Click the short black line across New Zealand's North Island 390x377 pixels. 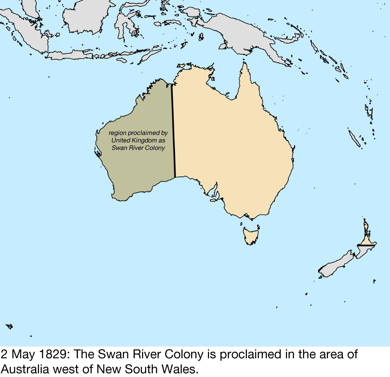pyautogui.click(x=366, y=246)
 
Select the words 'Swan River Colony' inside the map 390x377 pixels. pyautogui.click(x=138, y=148)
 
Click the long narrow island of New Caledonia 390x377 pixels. pyautogui.click(x=355, y=138)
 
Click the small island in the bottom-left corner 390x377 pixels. pyautogui.click(x=9, y=326)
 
